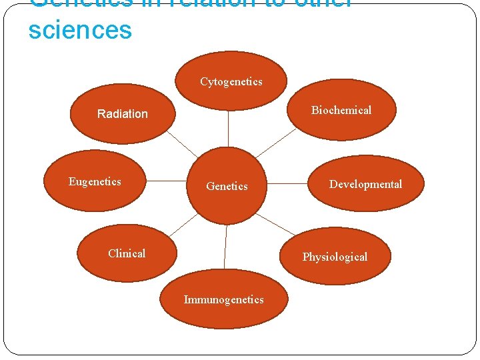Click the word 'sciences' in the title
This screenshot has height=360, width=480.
80,30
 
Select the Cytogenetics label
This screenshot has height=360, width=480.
231,82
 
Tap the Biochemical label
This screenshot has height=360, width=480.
341,110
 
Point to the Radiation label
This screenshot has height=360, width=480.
123,114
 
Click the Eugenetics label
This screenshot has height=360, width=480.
95,181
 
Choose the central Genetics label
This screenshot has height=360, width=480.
227,187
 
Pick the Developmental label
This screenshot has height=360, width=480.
365,184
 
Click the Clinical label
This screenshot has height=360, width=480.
127,253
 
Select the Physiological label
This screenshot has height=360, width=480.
335,257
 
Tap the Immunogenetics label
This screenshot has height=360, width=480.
223,300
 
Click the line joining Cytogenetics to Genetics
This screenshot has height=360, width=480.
229,130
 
